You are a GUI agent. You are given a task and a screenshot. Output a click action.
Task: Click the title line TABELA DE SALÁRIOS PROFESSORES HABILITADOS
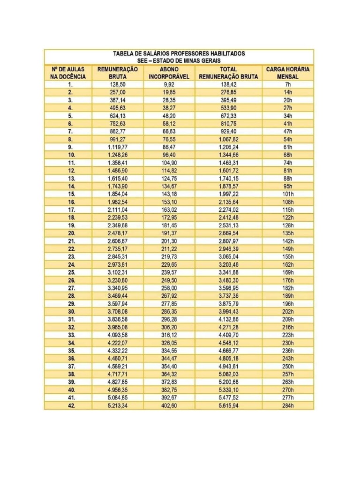(x=179, y=53)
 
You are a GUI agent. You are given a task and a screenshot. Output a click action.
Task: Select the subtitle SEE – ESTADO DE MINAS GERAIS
(x=179, y=61)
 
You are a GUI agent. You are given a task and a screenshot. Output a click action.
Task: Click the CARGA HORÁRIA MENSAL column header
(x=288, y=73)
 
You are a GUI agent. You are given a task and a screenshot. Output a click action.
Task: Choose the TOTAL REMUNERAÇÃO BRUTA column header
(x=229, y=73)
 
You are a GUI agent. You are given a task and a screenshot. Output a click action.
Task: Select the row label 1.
(x=70, y=85)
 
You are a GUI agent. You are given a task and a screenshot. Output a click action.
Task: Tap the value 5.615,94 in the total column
(x=229, y=405)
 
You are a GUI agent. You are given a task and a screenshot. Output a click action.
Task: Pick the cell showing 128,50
(x=118, y=85)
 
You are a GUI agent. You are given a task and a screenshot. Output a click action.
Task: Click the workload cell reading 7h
(x=288, y=85)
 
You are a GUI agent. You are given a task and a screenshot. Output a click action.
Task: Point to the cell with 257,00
(x=118, y=92)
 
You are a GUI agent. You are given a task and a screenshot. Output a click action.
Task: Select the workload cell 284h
(x=288, y=405)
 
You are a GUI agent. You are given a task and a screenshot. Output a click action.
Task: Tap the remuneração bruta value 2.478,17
(x=118, y=233)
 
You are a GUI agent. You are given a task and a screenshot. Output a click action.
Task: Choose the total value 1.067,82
(x=229, y=139)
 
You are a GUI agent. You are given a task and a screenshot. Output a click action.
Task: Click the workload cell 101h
(x=288, y=194)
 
